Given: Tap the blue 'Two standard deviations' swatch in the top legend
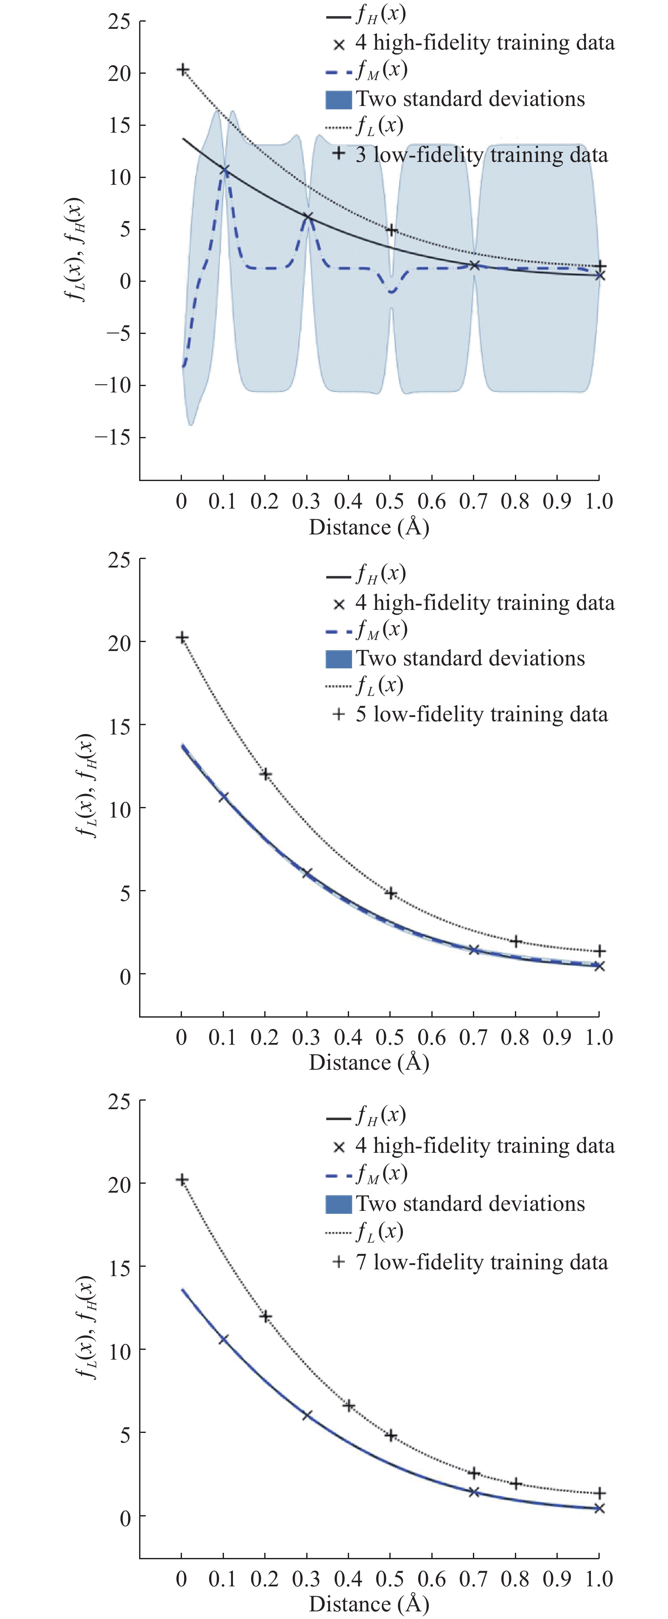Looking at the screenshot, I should (338, 99).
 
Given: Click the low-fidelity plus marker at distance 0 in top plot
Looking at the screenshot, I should (182, 70).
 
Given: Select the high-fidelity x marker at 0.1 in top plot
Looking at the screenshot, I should (224, 170).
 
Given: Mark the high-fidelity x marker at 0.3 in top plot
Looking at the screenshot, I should (307, 217).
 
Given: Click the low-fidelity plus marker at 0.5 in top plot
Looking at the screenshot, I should (391, 231).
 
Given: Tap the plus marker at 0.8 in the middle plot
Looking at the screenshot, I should (516, 941).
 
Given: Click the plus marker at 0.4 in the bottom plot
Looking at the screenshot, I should (349, 1405).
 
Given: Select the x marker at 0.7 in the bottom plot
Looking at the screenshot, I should (474, 1491).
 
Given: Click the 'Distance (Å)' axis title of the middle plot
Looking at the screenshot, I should (369, 1062).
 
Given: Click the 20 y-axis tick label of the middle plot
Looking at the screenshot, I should (119, 643).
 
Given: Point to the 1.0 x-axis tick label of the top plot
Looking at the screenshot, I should (599, 501).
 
